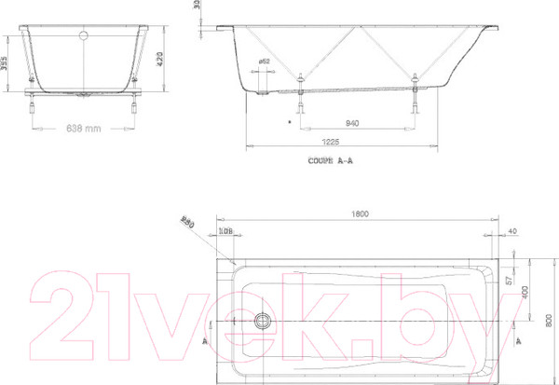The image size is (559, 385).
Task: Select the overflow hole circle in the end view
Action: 85,37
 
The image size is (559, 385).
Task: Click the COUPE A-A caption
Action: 331,160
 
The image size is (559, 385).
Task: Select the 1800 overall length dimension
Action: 360,214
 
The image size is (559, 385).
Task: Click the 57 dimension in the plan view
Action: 508,280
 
